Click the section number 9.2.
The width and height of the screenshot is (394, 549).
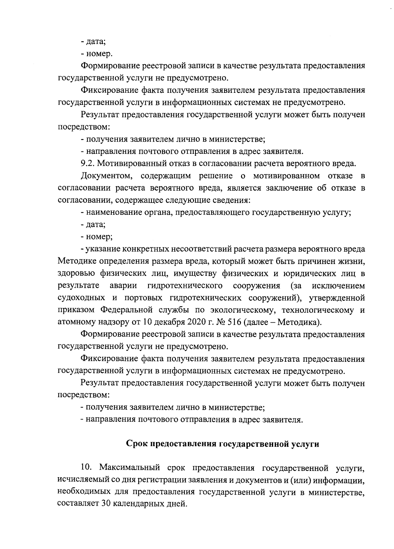coord(87,163)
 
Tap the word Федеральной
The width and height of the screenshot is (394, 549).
coord(126,310)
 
